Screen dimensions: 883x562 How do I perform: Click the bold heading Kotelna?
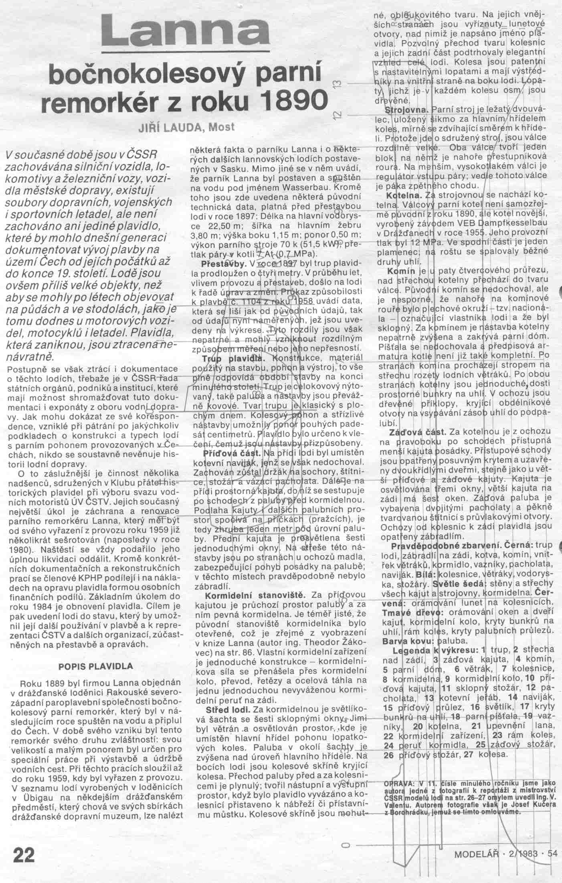[402, 196]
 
